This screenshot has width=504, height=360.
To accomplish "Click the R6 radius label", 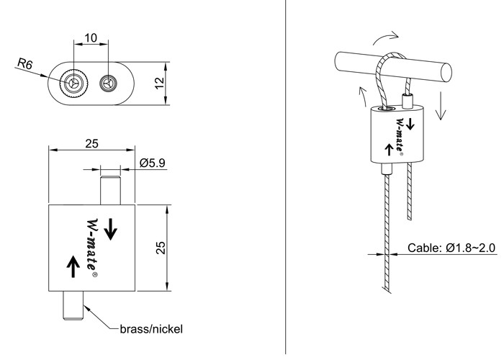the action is pos(24,63).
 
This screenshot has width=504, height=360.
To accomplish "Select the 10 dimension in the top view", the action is pos(91,38).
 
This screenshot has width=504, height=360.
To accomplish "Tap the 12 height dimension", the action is pos(160,84).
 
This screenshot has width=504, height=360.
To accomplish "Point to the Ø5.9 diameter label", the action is pos(153,163).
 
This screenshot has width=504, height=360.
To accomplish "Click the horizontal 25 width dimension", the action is pos(91,144).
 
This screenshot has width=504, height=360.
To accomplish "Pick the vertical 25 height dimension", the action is pos(161,248).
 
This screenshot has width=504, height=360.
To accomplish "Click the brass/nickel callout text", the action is pos(151,329).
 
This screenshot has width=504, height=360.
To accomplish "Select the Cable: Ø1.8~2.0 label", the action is pos(451,248).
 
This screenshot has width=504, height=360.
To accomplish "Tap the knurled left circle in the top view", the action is pos(74,84).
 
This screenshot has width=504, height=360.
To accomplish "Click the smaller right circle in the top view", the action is pos(108,84).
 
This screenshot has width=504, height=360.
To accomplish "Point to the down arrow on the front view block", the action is pos(111,229).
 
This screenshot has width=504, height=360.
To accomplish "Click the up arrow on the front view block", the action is pos(73,266).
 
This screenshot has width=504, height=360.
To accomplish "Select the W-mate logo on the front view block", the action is pos(92,247).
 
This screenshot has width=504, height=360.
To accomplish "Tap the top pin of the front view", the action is pos(110,190).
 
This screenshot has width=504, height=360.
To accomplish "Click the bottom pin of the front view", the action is pos(73,305).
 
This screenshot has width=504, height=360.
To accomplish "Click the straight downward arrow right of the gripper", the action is pos(441,106).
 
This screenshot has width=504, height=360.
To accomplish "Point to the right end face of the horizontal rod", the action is pos(446,73).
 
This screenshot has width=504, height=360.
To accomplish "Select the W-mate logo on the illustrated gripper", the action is pos(400,135).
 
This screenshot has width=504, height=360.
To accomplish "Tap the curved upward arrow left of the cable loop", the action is pos(363,96).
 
